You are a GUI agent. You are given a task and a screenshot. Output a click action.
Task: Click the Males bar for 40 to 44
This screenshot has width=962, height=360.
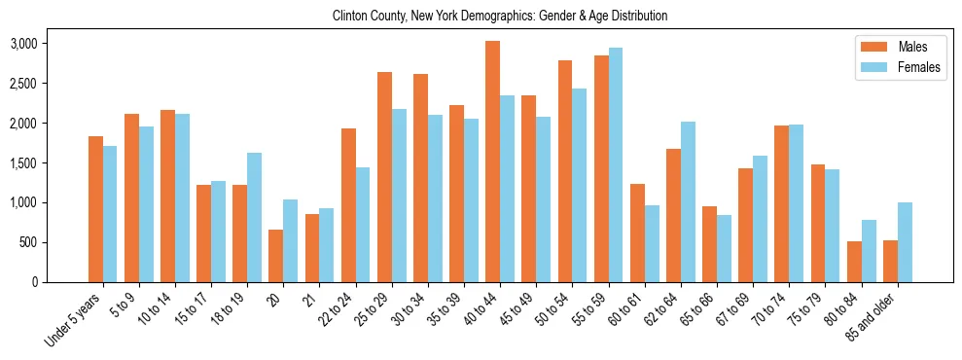click(x=493, y=162)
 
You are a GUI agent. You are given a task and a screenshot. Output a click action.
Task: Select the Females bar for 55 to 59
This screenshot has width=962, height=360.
click(x=616, y=165)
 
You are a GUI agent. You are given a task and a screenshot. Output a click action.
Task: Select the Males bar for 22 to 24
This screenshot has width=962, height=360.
click(x=348, y=205)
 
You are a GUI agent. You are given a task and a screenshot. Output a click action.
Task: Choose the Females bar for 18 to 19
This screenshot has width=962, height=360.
click(x=254, y=217)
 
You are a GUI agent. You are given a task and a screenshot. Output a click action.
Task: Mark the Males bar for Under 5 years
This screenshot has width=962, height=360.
click(x=95, y=209)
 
